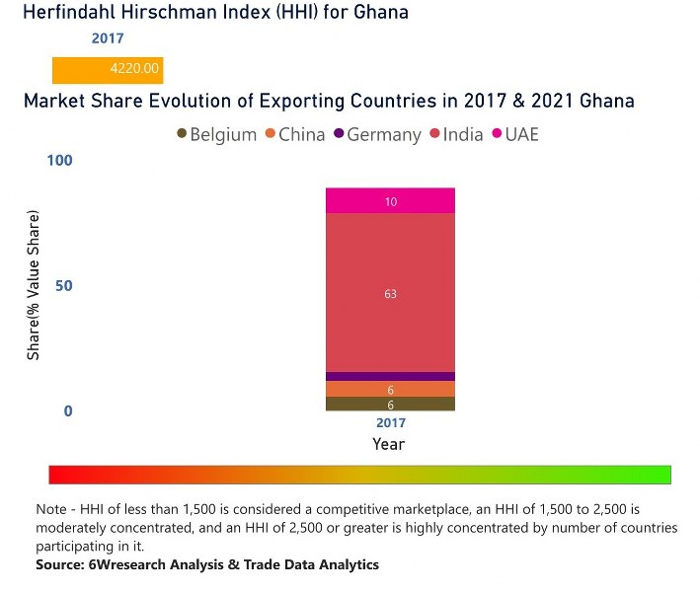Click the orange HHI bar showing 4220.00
[x=107, y=70]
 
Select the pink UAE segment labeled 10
[x=390, y=201]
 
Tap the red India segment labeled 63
[x=390, y=293]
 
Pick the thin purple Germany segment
[x=390, y=376]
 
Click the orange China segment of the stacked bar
[x=390, y=389]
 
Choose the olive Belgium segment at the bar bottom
[x=390, y=404]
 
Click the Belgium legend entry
[x=216, y=134]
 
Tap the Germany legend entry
[x=376, y=134]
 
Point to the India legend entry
[x=456, y=134]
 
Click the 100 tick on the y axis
[x=60, y=161]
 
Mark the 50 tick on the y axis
[x=64, y=286]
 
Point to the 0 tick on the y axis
[x=68, y=411]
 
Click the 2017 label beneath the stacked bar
[x=390, y=423]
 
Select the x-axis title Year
[x=389, y=444]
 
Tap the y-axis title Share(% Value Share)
[x=34, y=285]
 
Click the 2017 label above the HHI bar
[x=107, y=39]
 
